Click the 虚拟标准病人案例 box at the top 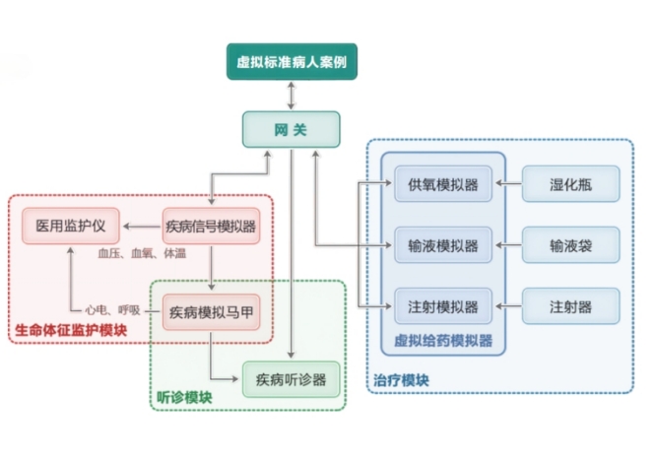pos(291,63)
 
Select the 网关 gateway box pos(291,129)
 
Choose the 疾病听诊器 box pos(291,378)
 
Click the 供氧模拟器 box pos(442,184)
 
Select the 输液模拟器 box pos(442,244)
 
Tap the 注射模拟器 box pos(442,305)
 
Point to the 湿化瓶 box pos(570,184)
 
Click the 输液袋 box pos(570,244)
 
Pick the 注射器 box pos(570,305)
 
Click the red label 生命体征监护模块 pos(70,330)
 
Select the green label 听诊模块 pos(185,397)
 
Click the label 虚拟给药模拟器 pos(442,341)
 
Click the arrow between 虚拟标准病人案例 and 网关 pos(291,96)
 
